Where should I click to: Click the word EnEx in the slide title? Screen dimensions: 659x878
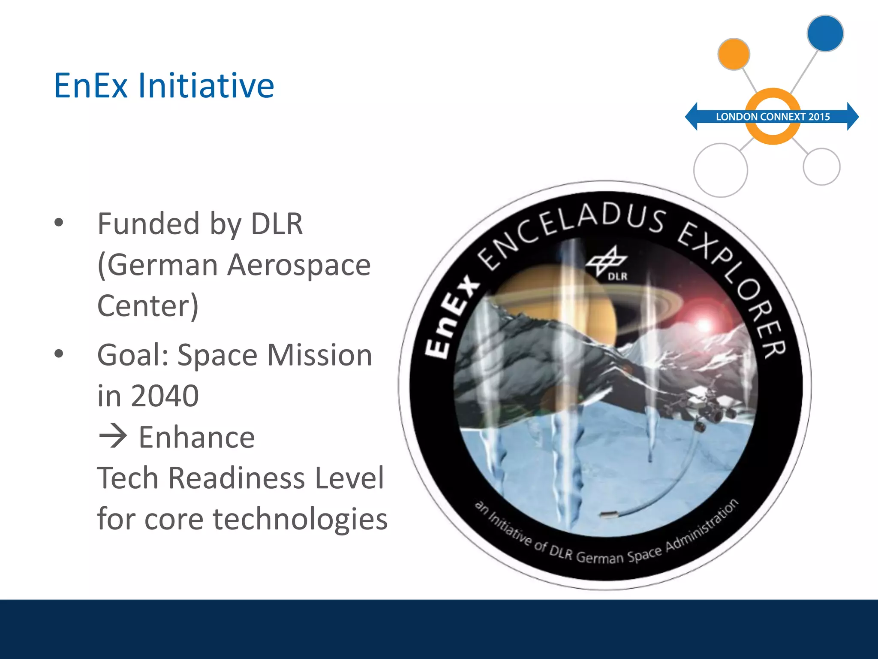point(91,86)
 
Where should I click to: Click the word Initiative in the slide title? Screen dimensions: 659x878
point(206,86)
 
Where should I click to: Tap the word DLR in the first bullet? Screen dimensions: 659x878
point(277,224)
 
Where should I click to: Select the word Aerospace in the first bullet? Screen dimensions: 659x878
point(299,265)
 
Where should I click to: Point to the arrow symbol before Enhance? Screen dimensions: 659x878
point(113,437)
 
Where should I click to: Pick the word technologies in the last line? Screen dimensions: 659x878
point(300,519)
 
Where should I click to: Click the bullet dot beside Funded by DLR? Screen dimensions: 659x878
point(59,223)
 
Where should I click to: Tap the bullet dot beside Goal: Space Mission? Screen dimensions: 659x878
point(59,354)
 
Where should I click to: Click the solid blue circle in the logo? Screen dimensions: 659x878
point(825,33)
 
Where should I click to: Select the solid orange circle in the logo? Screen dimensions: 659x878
point(734,54)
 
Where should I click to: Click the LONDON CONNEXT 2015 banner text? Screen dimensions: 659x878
point(773,117)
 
